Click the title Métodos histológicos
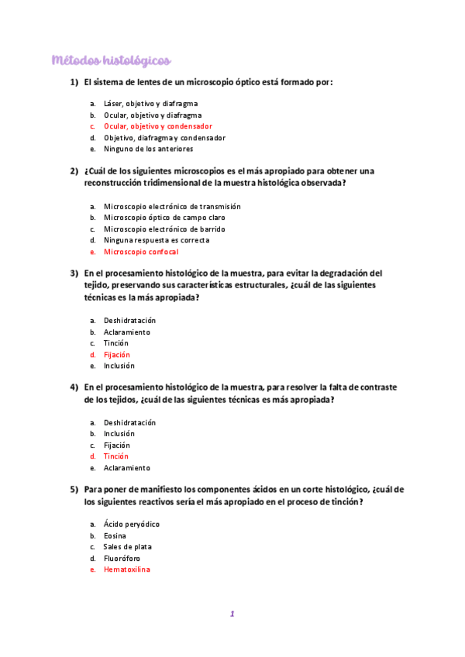(x=111, y=60)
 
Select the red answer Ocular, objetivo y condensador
(x=157, y=126)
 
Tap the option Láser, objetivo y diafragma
(x=150, y=103)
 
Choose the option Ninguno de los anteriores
(x=148, y=149)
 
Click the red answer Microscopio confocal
(x=140, y=252)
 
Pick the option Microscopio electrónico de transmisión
(x=172, y=206)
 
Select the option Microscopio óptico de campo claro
(x=164, y=218)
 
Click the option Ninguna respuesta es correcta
(x=156, y=240)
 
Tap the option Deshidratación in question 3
(x=129, y=321)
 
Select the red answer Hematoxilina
(x=126, y=569)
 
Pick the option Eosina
(x=115, y=535)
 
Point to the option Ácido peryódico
(x=131, y=525)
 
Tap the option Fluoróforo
(x=122, y=558)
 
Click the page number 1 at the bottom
(x=231, y=614)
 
